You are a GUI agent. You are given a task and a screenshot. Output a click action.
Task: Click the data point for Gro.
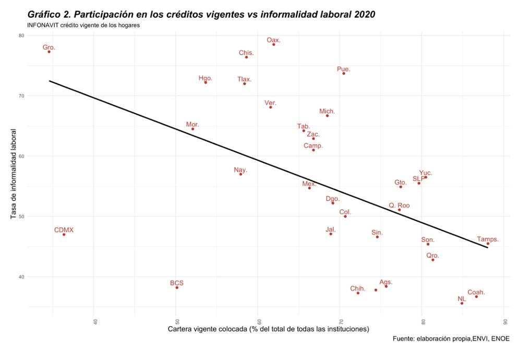coord(49,52)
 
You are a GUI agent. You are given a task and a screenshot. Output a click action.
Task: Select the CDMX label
coord(64,230)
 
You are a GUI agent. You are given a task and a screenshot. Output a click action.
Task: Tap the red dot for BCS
coord(177,287)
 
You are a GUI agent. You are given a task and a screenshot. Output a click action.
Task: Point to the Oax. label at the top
coord(273,40)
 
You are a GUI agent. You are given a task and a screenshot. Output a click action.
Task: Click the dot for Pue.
coord(344,74)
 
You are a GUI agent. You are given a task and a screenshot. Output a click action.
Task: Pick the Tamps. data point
coord(488,244)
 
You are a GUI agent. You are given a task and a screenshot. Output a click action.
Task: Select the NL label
coord(462,299)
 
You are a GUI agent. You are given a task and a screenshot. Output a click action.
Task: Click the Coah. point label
coord(476,292)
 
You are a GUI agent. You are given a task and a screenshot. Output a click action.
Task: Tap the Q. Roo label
coord(399,206)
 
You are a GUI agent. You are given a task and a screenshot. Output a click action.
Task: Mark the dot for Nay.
coord(240,174)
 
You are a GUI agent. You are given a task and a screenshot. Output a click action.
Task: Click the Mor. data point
coord(192,129)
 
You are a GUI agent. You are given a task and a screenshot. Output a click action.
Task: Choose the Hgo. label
coord(206,78)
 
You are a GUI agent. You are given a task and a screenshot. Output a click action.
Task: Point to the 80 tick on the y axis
coord(21,35)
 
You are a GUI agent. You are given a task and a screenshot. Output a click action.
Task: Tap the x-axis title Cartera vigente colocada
coord(268,329)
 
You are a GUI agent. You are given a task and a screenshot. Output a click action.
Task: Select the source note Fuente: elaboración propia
coord(451,339)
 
